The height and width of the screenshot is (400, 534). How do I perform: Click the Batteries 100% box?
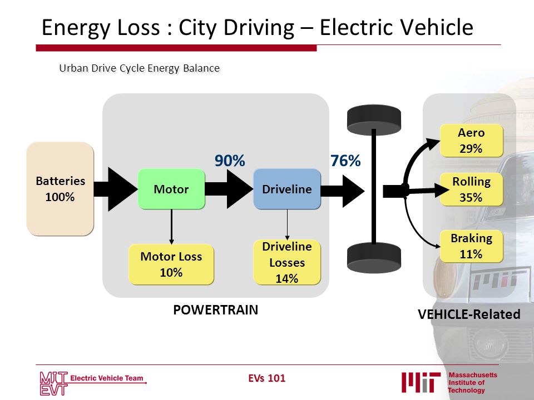coord(60,189)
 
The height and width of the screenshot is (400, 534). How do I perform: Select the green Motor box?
coord(171,189)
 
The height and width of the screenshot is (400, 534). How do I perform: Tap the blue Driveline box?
coord(287,189)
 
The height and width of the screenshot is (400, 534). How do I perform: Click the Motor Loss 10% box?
coord(171,264)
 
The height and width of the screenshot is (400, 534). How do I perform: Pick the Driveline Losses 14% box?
coord(287,262)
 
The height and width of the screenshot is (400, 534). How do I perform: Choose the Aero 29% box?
coord(471,141)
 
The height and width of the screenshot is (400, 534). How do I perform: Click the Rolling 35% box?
coord(471,189)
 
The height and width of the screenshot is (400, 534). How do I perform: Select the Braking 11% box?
coord(471,246)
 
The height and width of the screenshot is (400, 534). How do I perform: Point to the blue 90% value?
coord(230,161)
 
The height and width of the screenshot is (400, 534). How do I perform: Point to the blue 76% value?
coord(345,161)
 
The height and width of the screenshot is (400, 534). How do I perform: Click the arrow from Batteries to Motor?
coord(116,189)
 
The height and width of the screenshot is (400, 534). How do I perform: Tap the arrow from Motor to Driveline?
coord(229,189)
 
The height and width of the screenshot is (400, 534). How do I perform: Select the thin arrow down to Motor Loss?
coord(171,227)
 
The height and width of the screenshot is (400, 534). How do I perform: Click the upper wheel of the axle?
coord(374,120)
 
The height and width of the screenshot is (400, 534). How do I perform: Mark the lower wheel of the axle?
coord(374,258)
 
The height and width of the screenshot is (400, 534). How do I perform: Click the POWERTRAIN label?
coord(216,310)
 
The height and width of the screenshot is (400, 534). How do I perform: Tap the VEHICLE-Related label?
coord(469,314)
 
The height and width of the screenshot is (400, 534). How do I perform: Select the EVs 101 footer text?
coord(266,378)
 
